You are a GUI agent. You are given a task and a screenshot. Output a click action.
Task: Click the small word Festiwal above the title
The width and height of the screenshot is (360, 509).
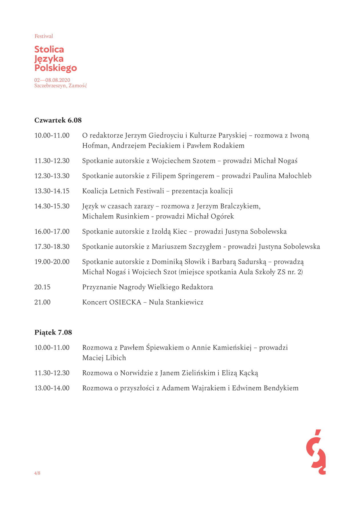[x=44, y=36]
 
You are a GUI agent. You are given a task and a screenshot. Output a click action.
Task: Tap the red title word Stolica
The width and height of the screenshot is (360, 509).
[x=49, y=49]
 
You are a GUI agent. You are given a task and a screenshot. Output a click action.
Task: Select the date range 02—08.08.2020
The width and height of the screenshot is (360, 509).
[x=52, y=80]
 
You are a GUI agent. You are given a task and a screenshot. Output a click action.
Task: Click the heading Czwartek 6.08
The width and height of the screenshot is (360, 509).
[x=58, y=120]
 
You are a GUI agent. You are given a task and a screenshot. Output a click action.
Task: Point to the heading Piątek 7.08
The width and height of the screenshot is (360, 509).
[x=53, y=332]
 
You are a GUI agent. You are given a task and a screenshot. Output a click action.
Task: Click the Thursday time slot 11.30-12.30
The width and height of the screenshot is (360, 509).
[x=52, y=161]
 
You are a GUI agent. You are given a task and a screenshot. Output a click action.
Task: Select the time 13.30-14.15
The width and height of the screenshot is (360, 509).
[x=52, y=191]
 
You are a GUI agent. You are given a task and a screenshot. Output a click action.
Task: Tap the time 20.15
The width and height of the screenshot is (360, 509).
[x=42, y=287]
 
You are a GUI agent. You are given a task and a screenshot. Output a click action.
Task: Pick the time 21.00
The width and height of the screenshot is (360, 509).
[x=42, y=302]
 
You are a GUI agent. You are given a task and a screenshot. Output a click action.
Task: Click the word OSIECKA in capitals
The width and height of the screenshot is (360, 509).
[x=125, y=302]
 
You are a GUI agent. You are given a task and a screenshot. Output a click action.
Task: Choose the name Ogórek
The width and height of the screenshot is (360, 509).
[x=222, y=217]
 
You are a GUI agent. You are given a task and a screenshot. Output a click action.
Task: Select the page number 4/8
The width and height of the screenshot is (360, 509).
[x=37, y=473]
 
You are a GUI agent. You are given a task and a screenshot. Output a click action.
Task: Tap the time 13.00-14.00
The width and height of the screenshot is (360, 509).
[x=52, y=388]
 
